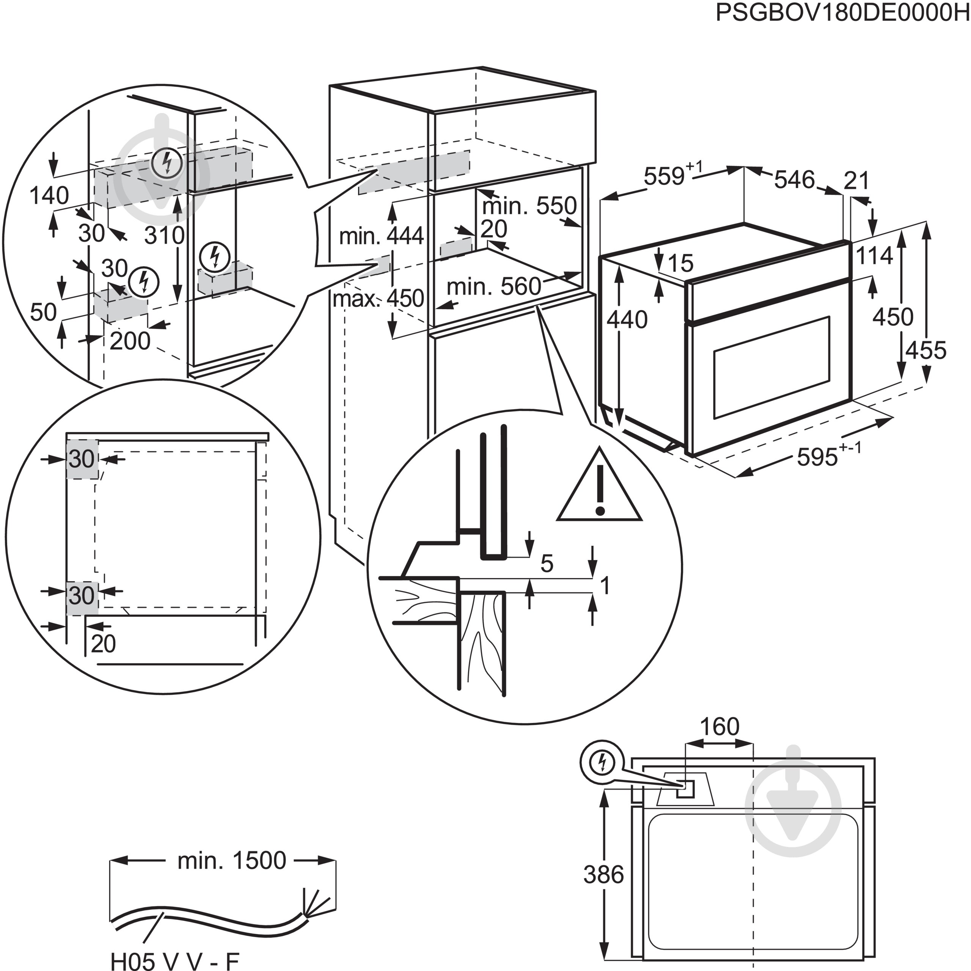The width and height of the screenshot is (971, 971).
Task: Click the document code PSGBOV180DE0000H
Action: point(842,13)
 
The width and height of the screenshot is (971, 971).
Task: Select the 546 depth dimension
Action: point(794,179)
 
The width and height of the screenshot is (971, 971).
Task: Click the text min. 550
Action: point(529,206)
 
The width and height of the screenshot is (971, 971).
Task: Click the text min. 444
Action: point(382,236)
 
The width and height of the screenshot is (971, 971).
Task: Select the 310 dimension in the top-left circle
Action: point(164,235)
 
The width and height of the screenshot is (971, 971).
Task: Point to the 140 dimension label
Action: point(49,195)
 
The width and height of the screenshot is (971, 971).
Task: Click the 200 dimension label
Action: point(130,341)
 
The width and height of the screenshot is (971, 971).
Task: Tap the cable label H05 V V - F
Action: point(174,961)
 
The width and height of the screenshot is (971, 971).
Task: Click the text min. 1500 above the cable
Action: point(232,860)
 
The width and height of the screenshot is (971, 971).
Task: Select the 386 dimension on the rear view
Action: point(603,875)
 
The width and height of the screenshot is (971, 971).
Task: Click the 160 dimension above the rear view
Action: point(719,727)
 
